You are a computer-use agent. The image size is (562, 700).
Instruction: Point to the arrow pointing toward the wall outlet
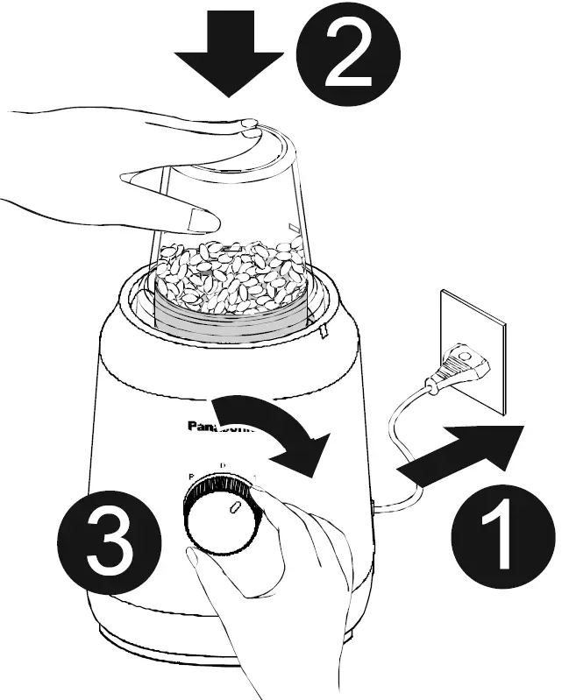(464, 455)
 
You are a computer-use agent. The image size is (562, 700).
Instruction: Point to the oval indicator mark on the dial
(234, 508)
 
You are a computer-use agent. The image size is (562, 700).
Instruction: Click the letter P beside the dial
(190, 476)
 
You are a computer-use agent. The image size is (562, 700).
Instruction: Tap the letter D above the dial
(222, 464)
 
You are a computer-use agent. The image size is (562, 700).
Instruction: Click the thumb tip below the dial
(198, 561)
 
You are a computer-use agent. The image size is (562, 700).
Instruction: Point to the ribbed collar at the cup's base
(232, 322)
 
